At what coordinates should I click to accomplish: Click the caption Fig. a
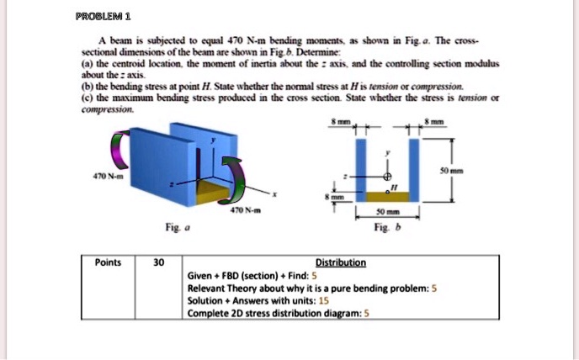coord(173,225)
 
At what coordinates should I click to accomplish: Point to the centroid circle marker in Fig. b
coord(388,178)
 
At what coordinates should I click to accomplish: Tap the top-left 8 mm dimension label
coord(340,123)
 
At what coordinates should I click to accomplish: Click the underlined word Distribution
coord(342,262)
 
